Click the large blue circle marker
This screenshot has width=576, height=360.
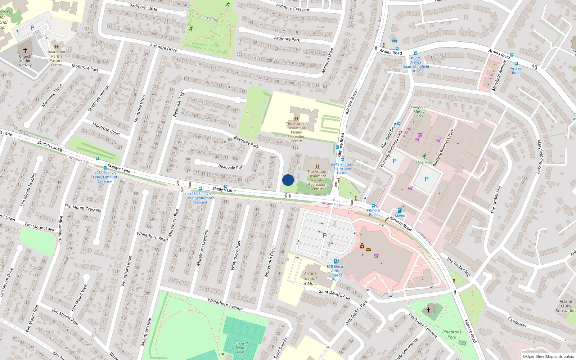[288, 180]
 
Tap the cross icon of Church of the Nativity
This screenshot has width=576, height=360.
[25, 50]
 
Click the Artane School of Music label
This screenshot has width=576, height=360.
[310, 279]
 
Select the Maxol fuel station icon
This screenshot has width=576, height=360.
[400, 211]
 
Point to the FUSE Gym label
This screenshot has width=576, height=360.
[424, 162]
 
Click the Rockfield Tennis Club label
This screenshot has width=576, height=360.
[240, 348]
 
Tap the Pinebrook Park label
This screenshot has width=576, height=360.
[451, 334]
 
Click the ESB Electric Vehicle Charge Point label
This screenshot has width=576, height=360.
[336, 273]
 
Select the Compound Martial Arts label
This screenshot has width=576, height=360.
[419, 111]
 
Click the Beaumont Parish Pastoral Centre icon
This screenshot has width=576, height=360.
[57, 47]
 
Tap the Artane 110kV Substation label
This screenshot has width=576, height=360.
[565, 306]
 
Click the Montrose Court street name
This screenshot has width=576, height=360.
[106, 129]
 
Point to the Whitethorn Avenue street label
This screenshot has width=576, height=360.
[225, 304]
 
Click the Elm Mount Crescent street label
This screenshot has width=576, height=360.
[83, 208]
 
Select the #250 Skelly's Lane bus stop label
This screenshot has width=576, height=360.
[200, 198]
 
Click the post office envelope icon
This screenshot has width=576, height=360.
[368, 249]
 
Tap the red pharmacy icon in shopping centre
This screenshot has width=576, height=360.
[362, 246]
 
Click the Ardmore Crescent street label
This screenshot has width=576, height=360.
[293, 7]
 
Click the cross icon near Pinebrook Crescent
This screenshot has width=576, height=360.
[428, 310]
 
